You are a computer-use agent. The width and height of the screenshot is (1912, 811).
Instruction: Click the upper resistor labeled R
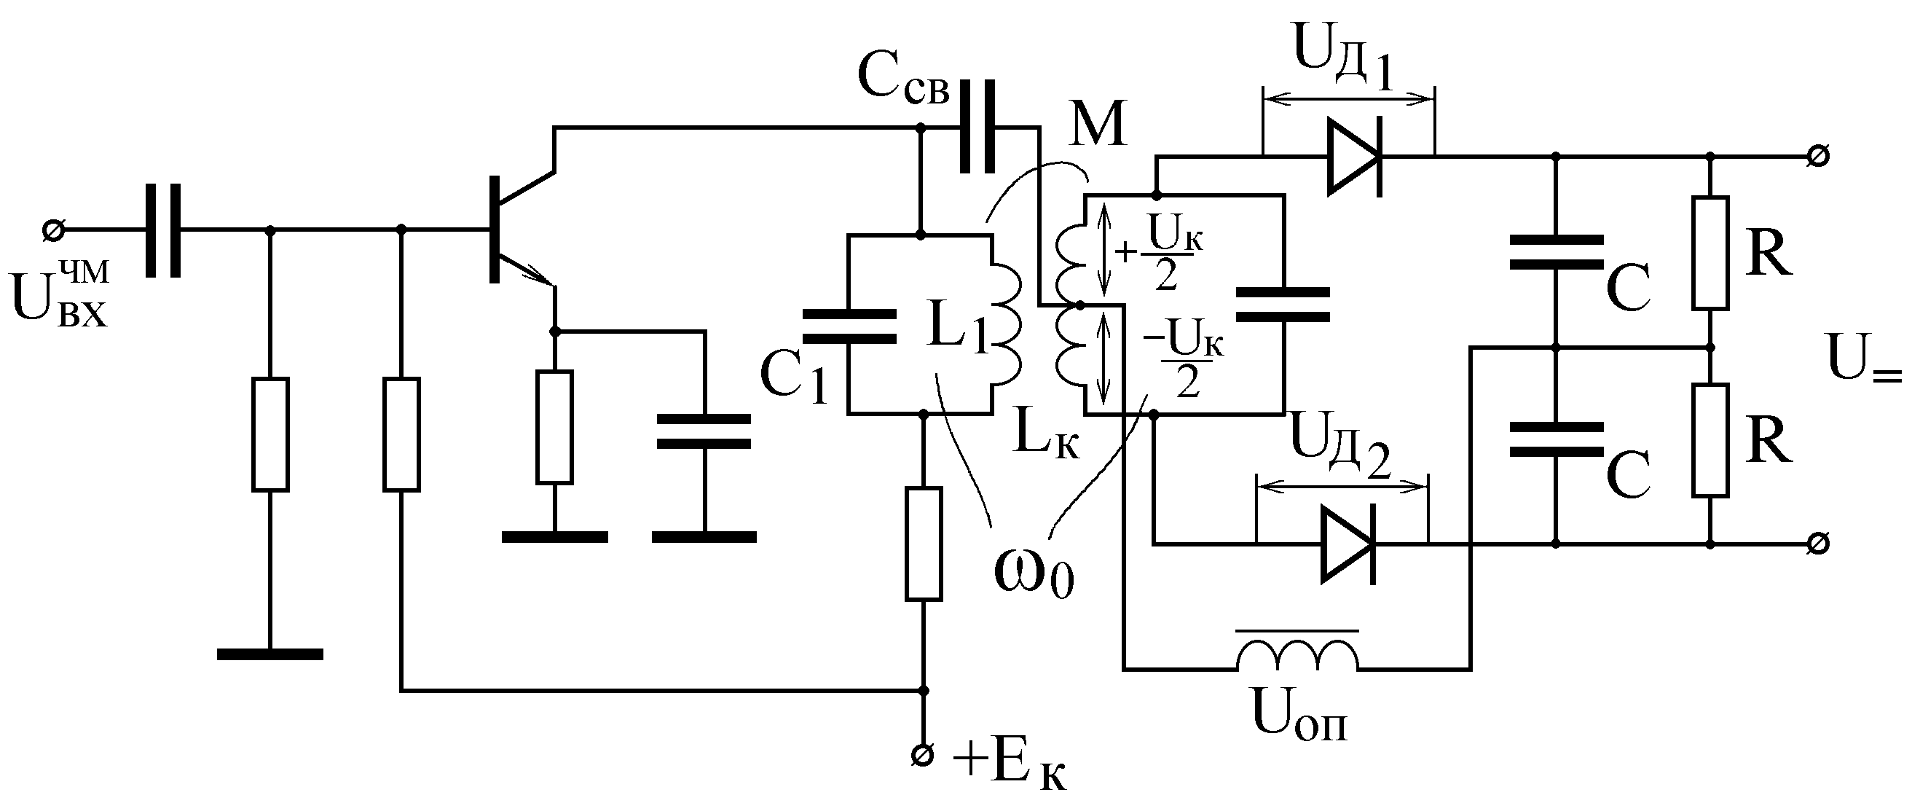(1710, 253)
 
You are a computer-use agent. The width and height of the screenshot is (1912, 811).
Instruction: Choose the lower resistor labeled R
(1710, 439)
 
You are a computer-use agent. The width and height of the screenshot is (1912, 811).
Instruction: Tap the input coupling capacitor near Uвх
(162, 231)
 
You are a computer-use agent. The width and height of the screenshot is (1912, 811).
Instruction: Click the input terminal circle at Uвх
(52, 231)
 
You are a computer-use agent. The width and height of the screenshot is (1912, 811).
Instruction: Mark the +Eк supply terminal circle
(924, 756)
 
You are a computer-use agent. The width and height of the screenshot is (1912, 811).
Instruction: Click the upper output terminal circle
(1818, 157)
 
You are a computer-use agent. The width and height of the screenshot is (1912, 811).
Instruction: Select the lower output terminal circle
(1818, 544)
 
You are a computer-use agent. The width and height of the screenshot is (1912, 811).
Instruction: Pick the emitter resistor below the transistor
(554, 427)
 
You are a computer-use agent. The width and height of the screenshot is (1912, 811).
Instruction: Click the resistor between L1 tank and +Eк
(924, 544)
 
